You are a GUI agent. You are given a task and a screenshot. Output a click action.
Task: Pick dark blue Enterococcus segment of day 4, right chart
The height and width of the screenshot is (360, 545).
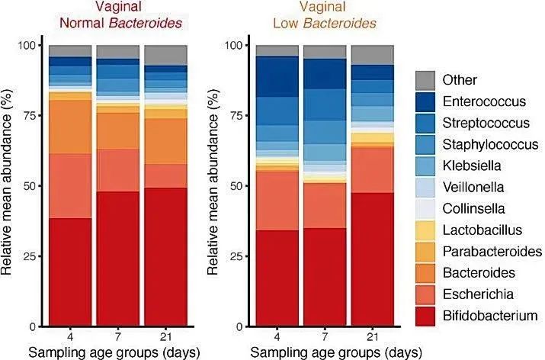(x=277, y=76)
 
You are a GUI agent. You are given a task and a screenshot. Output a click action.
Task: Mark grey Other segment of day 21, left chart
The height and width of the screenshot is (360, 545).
(x=165, y=55)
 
